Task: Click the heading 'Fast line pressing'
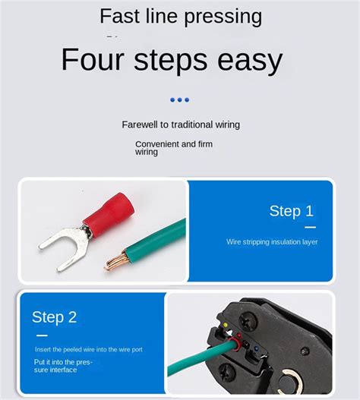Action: [181, 16]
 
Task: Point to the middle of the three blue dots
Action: [180, 99]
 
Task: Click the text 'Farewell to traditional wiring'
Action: [181, 124]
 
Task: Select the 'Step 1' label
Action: [291, 211]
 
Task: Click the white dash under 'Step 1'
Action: [310, 226]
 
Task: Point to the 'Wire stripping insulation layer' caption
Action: [272, 242]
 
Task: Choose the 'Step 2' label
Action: [54, 317]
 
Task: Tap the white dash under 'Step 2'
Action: [42, 335]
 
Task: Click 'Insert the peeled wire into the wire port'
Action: [88, 350]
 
